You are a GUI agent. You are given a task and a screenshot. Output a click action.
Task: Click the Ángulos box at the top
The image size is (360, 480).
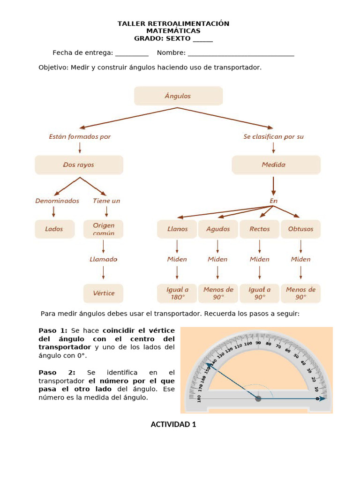(178, 96)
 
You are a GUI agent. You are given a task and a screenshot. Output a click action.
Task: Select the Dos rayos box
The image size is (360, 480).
(79, 165)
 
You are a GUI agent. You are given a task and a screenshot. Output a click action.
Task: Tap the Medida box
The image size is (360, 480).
(276, 165)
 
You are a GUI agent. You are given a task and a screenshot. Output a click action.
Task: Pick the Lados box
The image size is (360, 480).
(54, 229)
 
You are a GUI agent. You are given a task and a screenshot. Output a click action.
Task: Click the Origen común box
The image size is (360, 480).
(103, 229)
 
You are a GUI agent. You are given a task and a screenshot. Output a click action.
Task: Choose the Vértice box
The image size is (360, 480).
(103, 293)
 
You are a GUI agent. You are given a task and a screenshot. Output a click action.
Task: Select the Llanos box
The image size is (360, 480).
(177, 229)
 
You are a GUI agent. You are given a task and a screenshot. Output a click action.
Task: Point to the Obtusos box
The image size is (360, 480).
(300, 229)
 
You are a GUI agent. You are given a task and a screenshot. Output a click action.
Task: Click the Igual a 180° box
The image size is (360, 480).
(177, 293)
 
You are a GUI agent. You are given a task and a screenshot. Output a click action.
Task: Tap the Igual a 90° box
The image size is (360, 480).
(259, 293)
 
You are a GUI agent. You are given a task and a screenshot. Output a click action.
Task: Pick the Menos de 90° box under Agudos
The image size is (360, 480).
(218, 293)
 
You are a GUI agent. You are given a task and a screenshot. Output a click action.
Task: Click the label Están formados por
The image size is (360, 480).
(80, 137)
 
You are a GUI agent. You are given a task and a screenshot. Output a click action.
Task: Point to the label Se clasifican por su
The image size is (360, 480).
(273, 137)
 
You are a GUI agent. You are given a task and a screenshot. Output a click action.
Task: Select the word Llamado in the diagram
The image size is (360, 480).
(103, 259)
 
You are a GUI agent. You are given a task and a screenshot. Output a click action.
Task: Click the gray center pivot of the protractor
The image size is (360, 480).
(258, 398)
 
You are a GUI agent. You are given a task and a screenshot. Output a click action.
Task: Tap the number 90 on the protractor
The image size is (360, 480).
(258, 343)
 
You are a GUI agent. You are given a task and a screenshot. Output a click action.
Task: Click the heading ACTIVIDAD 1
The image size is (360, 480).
(173, 425)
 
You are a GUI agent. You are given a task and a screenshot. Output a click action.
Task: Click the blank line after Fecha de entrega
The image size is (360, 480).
(132, 53)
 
